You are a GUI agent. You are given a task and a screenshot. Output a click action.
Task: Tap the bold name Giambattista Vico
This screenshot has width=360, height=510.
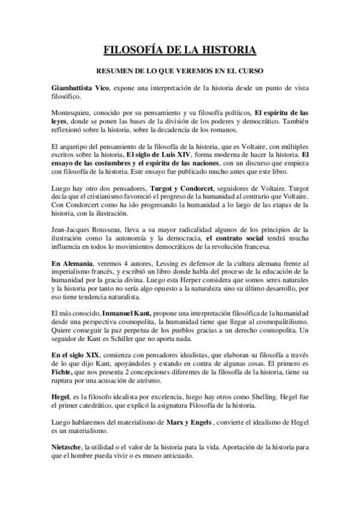point(75,88)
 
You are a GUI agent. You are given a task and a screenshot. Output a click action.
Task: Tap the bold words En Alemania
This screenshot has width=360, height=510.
point(70,272)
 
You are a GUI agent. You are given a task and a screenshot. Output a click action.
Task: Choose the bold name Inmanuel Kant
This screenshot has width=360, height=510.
point(126,313)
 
